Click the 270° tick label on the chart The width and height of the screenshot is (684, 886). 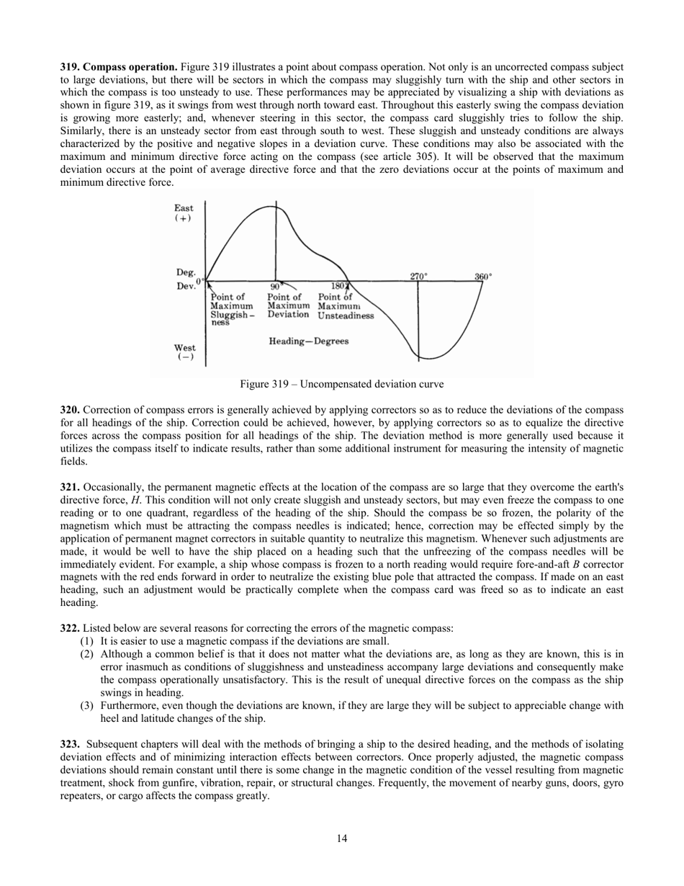pos(418,277)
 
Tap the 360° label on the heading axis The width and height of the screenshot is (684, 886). pos(482,277)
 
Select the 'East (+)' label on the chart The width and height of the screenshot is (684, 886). pos(184,212)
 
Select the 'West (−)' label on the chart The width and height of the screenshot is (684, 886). pos(184,352)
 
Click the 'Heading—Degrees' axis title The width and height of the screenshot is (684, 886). pos(308,341)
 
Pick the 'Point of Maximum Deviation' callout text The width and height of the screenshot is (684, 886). pos(288,305)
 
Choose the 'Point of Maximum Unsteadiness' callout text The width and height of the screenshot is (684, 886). pos(345,306)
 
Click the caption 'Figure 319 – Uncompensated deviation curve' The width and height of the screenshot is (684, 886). pos(342,384)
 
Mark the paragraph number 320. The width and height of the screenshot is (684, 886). pos(70,410)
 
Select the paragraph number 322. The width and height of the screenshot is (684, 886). pos(70,628)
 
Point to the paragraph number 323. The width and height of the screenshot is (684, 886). pos(70,743)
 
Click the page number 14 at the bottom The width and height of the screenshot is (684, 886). pos(342,838)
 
